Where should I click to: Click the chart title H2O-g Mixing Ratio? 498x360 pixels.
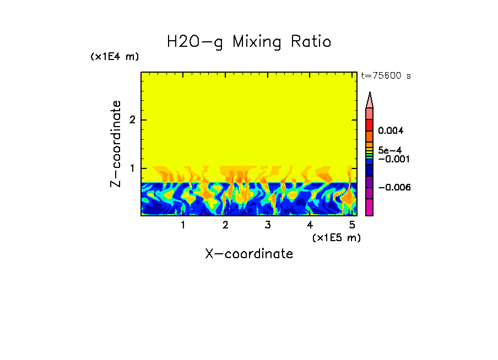[x=249, y=42]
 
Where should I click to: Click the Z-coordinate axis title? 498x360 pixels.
[x=116, y=144]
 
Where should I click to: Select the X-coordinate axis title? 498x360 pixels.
[x=249, y=254]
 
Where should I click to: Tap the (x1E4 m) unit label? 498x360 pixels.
[x=115, y=57]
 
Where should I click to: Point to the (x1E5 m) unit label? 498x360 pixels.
[x=336, y=237]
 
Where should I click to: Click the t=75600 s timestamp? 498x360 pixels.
[x=386, y=76]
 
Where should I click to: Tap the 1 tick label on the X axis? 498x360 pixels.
[x=183, y=225]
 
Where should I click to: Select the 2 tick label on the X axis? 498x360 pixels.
[x=225, y=225]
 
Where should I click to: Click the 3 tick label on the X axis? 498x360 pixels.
[x=268, y=225]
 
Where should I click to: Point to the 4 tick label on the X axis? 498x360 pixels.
[x=310, y=225]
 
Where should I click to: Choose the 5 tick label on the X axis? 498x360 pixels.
[x=352, y=225]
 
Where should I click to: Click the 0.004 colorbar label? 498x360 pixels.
[x=391, y=131]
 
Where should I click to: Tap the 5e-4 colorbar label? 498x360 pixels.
[x=389, y=150]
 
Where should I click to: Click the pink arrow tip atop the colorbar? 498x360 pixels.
[x=370, y=100]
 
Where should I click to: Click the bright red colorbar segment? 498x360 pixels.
[x=370, y=125]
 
